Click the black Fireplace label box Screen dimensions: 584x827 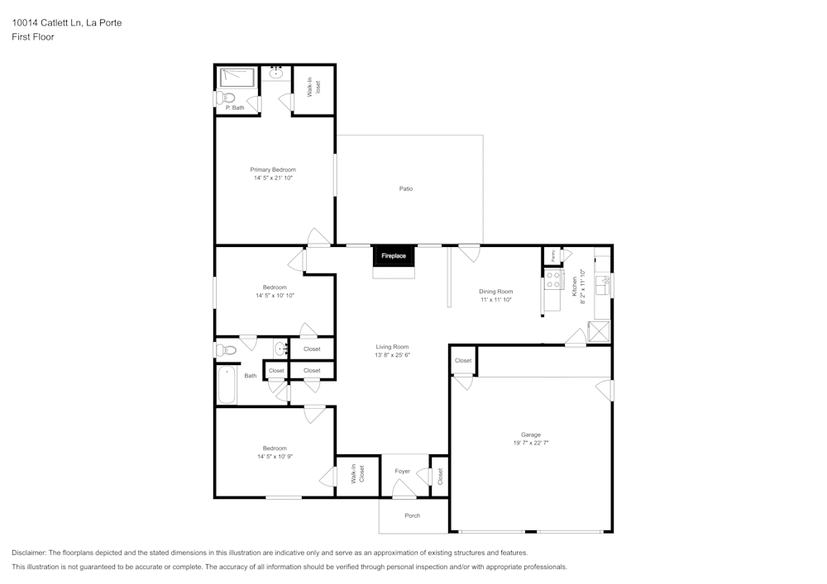(393, 256)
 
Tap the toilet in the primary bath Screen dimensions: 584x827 (227, 97)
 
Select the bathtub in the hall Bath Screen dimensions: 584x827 (227, 385)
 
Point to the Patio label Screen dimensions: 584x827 (406, 189)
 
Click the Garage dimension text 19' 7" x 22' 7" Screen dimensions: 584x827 (530, 443)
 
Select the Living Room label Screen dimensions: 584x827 (392, 347)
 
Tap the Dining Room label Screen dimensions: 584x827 (496, 291)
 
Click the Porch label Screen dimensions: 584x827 (412, 515)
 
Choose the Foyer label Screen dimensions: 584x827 (403, 471)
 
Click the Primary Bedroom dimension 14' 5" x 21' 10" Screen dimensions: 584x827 (273, 178)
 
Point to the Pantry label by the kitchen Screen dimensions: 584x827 (552, 256)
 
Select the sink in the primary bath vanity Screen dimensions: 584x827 (276, 74)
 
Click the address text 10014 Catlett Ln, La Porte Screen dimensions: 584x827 (66, 23)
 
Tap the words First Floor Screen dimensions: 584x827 (33, 37)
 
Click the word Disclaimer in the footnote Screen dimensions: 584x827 (29, 553)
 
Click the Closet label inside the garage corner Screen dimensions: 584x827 (463, 360)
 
